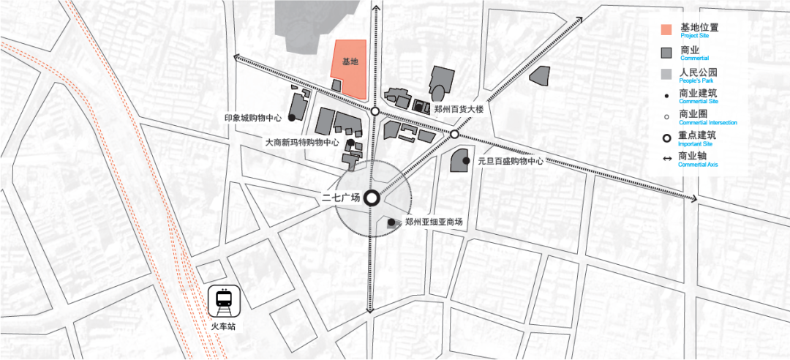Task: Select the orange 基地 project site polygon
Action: point(349,67)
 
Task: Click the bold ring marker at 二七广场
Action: point(371,198)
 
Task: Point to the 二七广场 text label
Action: point(341,198)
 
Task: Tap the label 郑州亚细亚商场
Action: point(434,222)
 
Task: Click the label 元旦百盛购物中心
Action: point(511,161)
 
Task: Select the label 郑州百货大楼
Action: point(459,109)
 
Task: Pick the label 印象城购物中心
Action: point(253,118)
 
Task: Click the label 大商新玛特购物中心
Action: point(302,143)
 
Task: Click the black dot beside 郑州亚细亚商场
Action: point(391,222)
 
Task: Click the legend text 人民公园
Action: point(698,72)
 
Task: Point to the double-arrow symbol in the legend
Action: point(666,157)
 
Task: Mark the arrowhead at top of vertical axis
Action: point(376,7)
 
